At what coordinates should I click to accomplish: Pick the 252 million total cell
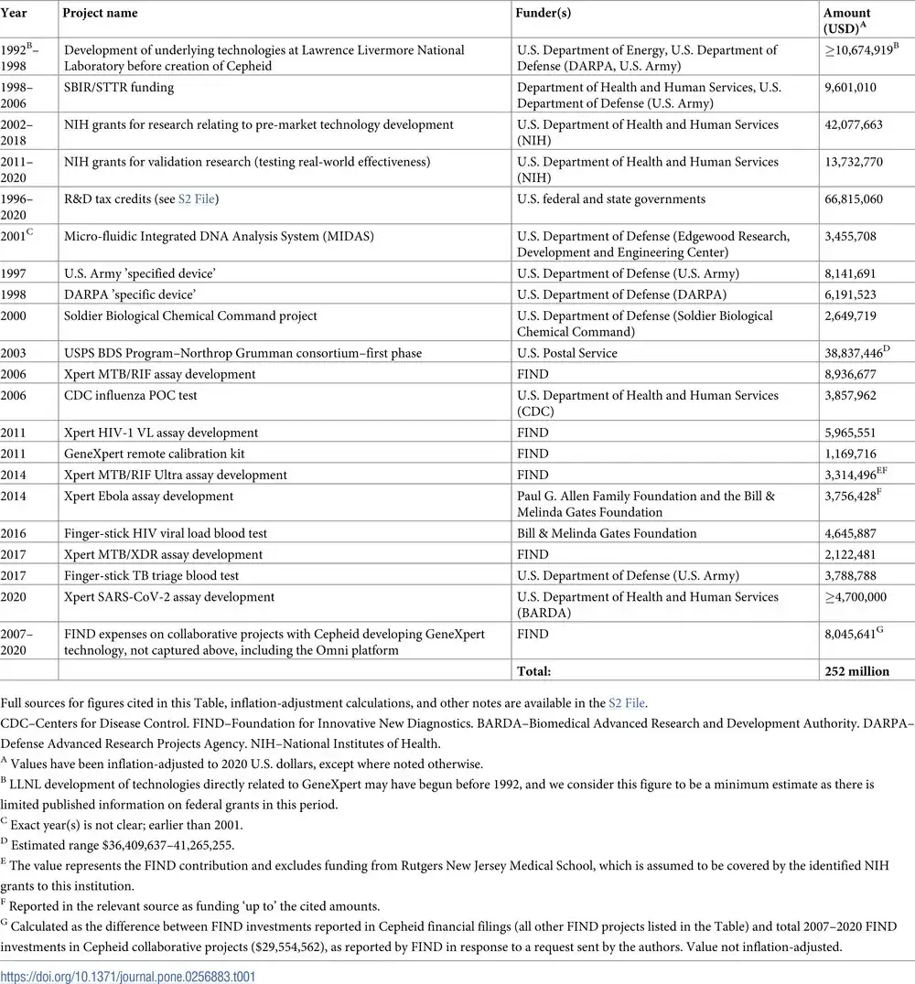click(856, 671)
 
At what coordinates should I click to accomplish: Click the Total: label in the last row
click(534, 671)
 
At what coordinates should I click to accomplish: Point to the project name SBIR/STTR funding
click(119, 88)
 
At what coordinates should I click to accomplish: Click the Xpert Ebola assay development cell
click(149, 497)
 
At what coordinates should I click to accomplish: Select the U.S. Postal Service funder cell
click(567, 353)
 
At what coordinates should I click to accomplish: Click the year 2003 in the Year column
click(14, 353)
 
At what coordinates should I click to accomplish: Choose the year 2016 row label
click(14, 533)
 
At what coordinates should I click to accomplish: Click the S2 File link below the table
click(627, 703)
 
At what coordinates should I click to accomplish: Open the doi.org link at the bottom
click(128, 977)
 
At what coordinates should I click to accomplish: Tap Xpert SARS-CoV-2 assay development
click(169, 597)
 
